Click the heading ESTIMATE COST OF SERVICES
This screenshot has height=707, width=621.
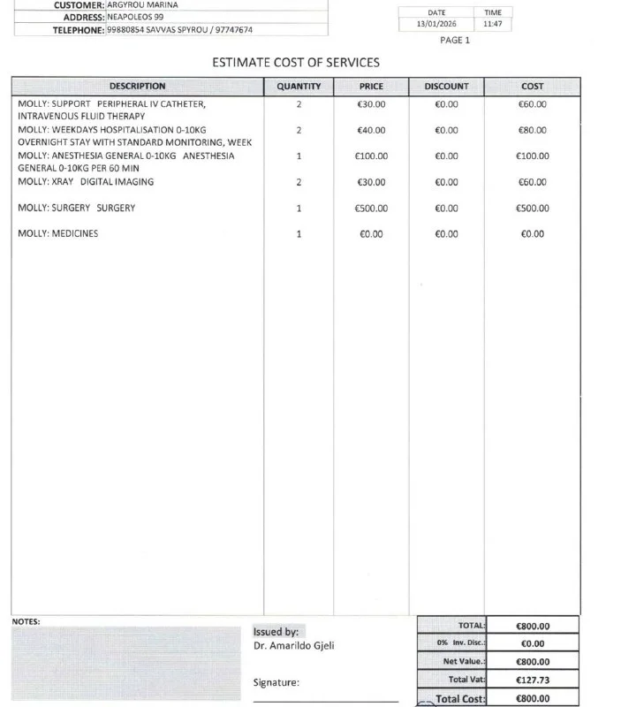[x=296, y=63]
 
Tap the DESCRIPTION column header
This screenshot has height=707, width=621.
[x=137, y=87]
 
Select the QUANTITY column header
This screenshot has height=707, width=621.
[x=299, y=87]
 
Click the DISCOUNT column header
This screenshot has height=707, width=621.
[x=446, y=87]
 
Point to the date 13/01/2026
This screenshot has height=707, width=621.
[x=436, y=25]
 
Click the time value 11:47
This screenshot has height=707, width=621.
[x=492, y=25]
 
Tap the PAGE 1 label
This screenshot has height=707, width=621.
[x=455, y=41]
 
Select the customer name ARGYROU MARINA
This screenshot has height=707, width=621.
[x=142, y=4]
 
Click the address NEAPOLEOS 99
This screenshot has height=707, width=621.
[x=135, y=17]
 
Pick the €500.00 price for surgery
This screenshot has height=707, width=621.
[x=371, y=209]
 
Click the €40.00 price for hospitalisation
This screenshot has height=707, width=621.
[x=371, y=131]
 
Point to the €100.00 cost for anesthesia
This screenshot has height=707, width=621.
[x=533, y=156]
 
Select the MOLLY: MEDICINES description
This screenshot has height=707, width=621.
[x=58, y=234]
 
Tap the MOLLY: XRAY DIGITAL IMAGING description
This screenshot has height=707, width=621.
[x=86, y=182]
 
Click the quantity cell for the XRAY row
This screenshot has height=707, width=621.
[x=299, y=183]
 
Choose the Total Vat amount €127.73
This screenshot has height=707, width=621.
[x=532, y=680]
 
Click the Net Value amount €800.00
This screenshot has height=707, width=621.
[x=532, y=662]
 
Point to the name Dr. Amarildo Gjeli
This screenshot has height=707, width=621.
[x=293, y=646]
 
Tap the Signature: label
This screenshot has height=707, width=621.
[x=276, y=682]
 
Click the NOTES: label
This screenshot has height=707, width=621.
[x=26, y=621]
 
